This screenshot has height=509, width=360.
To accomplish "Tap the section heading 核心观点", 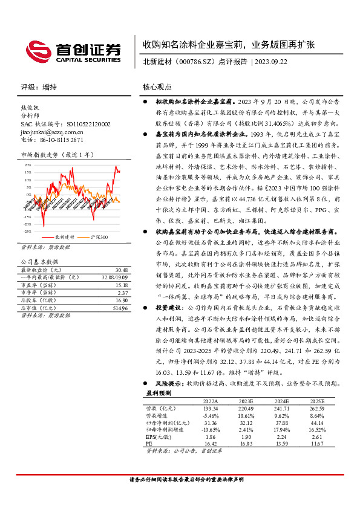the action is pyautogui.click(x=157, y=86).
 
